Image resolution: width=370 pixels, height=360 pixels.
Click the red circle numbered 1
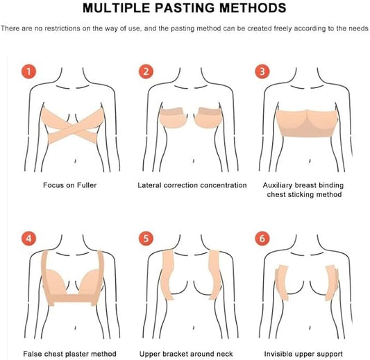(28, 71)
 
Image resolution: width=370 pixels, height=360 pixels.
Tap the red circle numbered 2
(146, 71)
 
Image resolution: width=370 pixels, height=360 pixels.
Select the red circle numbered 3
(262, 71)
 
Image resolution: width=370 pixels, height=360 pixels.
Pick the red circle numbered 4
(28, 239)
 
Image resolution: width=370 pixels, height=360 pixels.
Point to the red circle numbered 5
(146, 239)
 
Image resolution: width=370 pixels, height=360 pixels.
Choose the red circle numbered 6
(262, 239)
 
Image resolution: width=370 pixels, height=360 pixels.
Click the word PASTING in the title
(185, 8)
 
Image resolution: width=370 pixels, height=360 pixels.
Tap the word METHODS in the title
(253, 8)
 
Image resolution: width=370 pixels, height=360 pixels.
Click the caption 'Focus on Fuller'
(70, 185)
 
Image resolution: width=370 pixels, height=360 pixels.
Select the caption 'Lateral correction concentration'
(192, 185)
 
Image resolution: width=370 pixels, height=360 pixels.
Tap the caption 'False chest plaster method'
(69, 354)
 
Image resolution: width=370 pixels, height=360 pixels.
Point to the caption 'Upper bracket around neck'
(186, 354)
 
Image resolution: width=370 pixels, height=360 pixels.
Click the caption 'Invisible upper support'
(303, 354)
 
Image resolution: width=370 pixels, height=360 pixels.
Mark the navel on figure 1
(75, 161)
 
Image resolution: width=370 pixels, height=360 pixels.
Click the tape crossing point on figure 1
(72, 130)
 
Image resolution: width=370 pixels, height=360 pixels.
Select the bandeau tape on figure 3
(307, 123)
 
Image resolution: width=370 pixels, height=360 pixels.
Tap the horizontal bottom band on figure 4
(73, 299)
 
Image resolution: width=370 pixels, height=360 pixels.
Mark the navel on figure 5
(193, 328)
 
